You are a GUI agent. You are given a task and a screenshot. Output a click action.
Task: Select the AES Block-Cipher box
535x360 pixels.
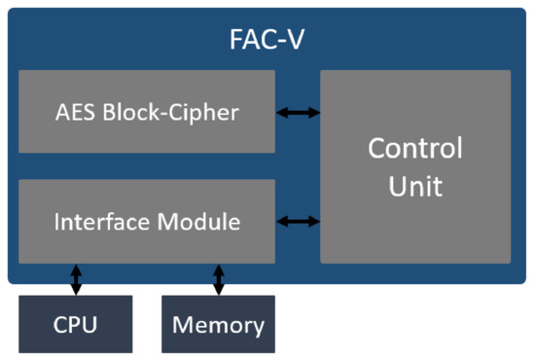146,112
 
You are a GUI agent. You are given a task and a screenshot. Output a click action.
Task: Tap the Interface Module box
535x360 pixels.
146,221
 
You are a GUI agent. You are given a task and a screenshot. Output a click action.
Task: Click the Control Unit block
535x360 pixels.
415,166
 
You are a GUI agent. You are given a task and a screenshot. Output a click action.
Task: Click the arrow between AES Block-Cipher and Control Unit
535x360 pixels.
298,113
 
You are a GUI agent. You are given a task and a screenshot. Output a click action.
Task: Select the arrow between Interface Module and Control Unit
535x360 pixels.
298,222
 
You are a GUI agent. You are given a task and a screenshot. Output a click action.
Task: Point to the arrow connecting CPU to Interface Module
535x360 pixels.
76,279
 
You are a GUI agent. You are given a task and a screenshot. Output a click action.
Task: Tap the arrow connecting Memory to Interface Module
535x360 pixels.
218,279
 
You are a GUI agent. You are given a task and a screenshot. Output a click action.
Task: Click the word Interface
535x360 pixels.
95,222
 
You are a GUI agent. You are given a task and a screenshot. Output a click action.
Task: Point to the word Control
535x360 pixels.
415,149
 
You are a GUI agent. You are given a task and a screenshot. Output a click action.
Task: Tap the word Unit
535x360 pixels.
415,185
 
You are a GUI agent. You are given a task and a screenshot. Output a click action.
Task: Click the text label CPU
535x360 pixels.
76,324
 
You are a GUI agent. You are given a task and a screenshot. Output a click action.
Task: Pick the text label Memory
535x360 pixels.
218,324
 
